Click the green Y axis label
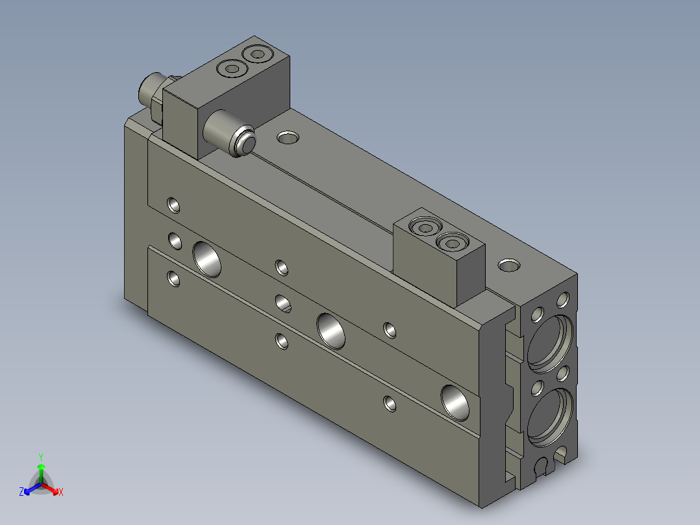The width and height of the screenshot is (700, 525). [41, 456]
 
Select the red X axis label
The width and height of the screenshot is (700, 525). [60, 492]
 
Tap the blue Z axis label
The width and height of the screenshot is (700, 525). [21, 492]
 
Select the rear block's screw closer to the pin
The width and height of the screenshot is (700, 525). [231, 68]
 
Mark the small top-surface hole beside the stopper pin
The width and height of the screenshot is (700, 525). [288, 137]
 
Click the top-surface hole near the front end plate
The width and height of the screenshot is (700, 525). [508, 265]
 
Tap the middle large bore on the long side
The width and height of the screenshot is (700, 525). [332, 329]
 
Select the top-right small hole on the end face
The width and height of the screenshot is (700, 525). [563, 299]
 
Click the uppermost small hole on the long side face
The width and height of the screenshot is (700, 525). [173, 205]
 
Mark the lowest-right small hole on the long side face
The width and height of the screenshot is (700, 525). [390, 403]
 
